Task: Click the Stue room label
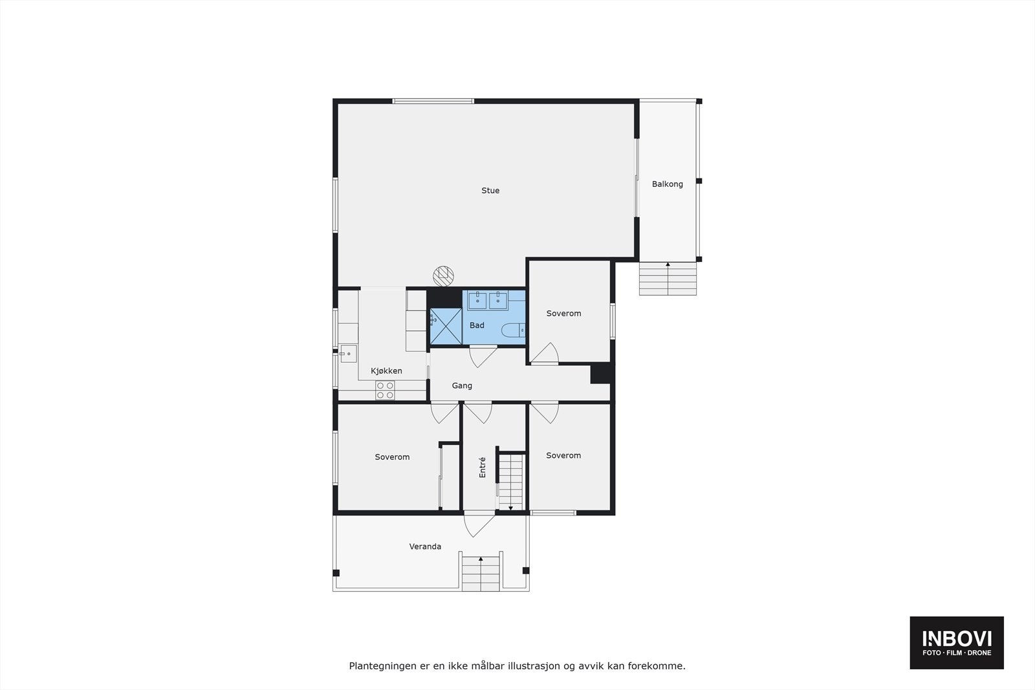490,191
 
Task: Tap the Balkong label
667,184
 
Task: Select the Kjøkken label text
386,371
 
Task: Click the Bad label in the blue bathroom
477,325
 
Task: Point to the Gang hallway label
462,385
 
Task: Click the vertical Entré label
483,468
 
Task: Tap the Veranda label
425,546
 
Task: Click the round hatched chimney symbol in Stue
442,275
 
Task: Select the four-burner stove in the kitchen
386,390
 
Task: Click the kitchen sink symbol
348,354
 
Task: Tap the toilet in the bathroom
514,330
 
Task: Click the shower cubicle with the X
446,326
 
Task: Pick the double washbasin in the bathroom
488,300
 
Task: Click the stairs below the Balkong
668,279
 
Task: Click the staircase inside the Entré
510,482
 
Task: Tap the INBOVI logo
956,642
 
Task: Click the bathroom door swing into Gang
483,356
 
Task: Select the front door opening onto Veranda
477,524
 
